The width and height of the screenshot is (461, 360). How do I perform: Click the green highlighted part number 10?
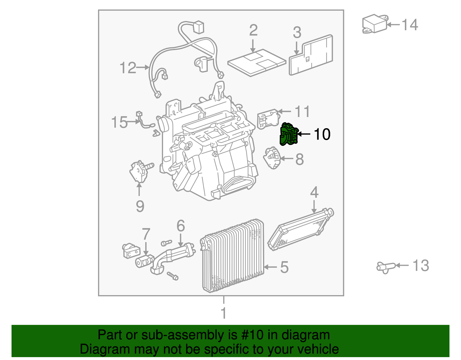(x=289, y=134)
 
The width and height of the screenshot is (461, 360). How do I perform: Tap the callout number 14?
(x=409, y=25)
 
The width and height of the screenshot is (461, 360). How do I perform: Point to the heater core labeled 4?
(x=300, y=229)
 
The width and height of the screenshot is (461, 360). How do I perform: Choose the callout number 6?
(x=180, y=226)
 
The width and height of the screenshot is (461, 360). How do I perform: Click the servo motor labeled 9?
(x=138, y=172)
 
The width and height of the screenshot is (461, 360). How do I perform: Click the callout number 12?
(x=128, y=68)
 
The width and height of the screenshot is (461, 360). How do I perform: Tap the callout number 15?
(x=119, y=122)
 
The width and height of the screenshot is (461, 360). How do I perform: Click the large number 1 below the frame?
(x=224, y=313)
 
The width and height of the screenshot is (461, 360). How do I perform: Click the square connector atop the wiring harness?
(x=198, y=27)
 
